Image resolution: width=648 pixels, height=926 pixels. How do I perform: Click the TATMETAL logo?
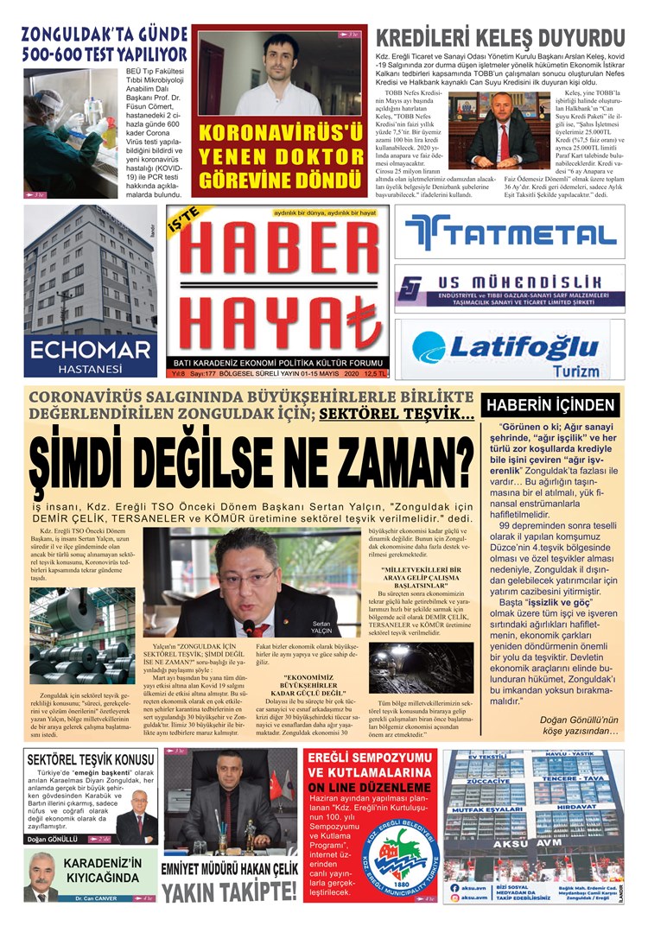click(x=510, y=233)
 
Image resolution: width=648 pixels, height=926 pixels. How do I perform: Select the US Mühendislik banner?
click(x=510, y=289)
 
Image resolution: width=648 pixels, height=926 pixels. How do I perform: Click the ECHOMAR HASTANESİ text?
click(x=90, y=355)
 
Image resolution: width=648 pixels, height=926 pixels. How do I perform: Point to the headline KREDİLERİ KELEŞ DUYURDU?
click(x=500, y=39)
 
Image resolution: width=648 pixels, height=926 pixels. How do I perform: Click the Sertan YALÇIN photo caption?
click(x=321, y=627)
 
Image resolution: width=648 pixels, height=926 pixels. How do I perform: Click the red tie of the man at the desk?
click(x=503, y=140)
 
